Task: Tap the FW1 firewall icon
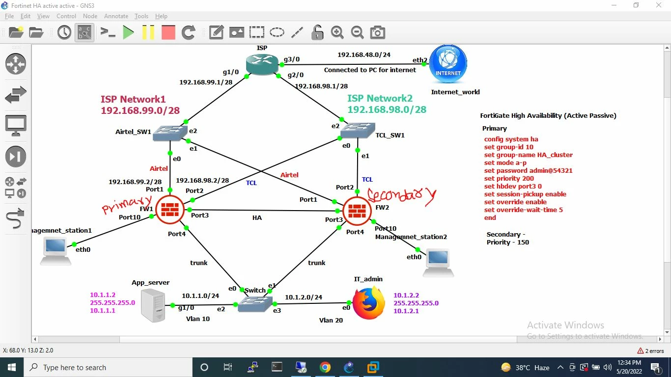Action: pos(170,210)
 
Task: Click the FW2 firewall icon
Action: pos(357,211)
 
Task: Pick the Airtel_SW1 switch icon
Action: pos(170,133)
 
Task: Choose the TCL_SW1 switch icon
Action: pos(358,130)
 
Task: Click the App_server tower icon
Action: pos(153,305)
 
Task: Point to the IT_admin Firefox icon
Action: pos(369,303)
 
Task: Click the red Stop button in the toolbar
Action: pos(168,32)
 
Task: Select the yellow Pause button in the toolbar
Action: pos(148,32)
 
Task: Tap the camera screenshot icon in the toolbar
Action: pos(377,32)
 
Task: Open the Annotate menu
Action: pos(116,16)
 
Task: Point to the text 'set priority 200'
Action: pos(509,179)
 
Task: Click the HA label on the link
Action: pos(257,217)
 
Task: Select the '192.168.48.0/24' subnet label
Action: pos(364,55)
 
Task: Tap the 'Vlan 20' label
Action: pos(331,320)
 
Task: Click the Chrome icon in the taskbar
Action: pos(325,367)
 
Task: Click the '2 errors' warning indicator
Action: pos(650,350)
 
